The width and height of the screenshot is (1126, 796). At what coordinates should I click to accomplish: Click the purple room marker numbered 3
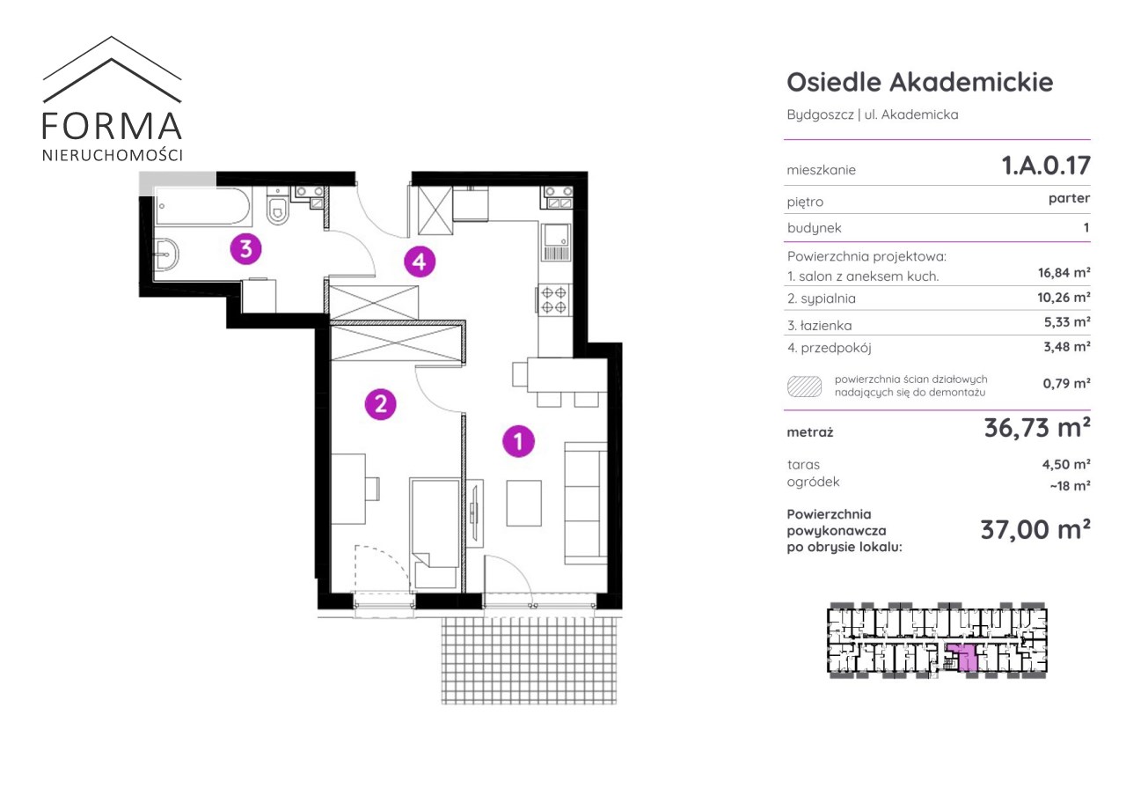[245, 248]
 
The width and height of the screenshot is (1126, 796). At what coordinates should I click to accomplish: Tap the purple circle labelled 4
[420, 262]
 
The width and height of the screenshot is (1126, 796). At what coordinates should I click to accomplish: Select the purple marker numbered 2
[381, 404]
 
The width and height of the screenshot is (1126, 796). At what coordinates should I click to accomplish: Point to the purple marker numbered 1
[518, 441]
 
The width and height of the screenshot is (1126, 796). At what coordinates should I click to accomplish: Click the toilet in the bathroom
[277, 206]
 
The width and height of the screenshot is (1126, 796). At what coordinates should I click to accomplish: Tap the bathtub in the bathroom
[202, 206]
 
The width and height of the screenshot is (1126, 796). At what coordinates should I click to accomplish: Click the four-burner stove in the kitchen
[553, 300]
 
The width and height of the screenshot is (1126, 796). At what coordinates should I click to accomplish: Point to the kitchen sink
[556, 242]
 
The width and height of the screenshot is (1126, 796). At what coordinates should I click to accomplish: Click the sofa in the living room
[586, 503]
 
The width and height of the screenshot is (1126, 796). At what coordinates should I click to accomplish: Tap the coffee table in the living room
[523, 503]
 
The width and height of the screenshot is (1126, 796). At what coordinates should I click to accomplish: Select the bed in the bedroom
[435, 534]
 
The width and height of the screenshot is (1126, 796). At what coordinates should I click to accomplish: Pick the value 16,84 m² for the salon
[1064, 273]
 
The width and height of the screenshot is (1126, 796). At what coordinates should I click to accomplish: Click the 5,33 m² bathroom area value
[1067, 322]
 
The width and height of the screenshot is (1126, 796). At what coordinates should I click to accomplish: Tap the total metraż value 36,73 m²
[1037, 428]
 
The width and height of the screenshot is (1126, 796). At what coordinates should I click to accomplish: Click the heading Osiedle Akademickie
[920, 83]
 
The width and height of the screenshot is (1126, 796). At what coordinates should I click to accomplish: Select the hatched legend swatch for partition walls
[804, 387]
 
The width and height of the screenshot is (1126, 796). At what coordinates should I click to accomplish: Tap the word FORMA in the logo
[112, 126]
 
